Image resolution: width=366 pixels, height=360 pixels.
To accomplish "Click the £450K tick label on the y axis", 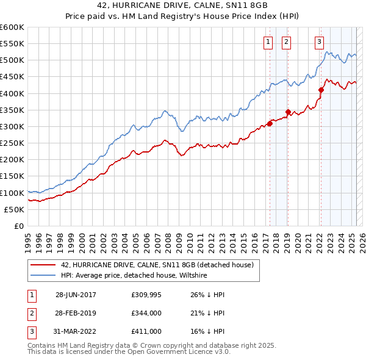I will (12, 77).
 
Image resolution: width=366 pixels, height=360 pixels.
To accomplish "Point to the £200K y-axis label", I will (12, 160).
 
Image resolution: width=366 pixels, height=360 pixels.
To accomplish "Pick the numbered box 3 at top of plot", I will (319, 42).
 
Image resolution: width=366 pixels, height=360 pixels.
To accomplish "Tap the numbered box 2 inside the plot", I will (286, 42).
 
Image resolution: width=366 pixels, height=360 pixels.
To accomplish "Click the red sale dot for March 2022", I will (321, 90).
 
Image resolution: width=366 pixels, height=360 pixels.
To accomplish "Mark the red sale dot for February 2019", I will (288, 112).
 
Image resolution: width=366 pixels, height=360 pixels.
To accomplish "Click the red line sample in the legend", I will (44, 265).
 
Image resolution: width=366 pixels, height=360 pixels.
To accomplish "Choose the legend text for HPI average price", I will (134, 275).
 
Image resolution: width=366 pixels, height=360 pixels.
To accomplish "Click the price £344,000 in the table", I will (146, 313).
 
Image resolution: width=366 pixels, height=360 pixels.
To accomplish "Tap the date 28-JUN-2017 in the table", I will (76, 295).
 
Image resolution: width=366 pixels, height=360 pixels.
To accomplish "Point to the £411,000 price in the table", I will (146, 331).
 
